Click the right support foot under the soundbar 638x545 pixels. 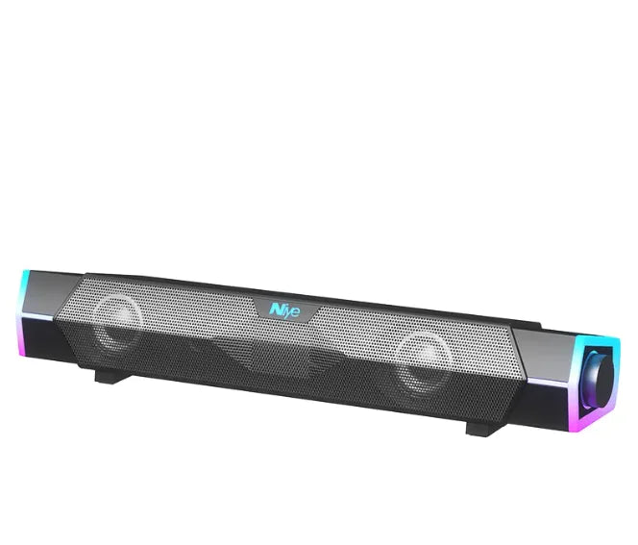click(485, 425)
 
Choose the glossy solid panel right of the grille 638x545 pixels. click(543, 350)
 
